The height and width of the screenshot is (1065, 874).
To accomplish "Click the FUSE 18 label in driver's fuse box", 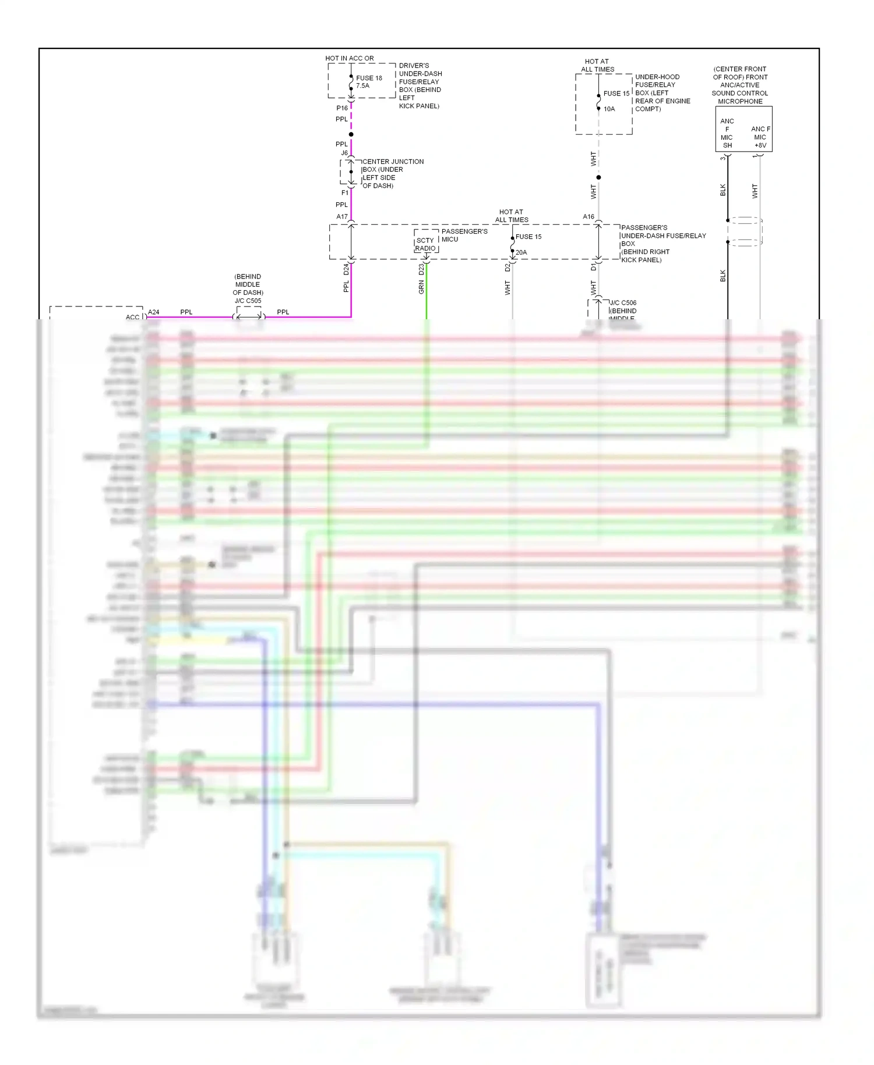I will click(x=369, y=78).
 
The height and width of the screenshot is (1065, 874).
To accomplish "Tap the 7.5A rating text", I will click(x=362, y=86).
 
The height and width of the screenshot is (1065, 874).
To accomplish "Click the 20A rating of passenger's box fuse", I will click(x=521, y=252).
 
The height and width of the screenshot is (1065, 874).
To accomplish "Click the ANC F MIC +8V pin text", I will click(x=760, y=137).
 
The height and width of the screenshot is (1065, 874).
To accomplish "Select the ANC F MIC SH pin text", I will click(x=727, y=133).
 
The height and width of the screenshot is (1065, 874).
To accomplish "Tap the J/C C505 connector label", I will click(x=248, y=301).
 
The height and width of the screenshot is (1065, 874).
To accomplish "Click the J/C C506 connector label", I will click(x=623, y=303).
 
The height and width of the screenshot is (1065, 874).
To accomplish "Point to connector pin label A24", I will click(x=153, y=312).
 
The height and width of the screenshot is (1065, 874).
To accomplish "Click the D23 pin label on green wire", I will click(x=421, y=269).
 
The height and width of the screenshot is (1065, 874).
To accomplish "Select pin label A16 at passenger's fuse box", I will click(x=588, y=217).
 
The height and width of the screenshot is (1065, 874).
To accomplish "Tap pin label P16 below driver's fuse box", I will click(x=342, y=108).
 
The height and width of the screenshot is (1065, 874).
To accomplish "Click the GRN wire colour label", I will click(x=421, y=287).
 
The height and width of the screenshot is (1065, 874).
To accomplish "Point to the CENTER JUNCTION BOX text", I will click(x=393, y=161).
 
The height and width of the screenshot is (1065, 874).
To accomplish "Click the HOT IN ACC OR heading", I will click(x=350, y=58).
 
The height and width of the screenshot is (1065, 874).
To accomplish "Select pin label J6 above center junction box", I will click(x=344, y=153).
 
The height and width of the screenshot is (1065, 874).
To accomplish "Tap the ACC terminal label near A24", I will click(x=132, y=318).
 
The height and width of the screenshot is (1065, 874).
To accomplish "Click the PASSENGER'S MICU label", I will click(x=464, y=235).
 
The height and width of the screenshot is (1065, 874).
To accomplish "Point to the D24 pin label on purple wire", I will click(x=346, y=269).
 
